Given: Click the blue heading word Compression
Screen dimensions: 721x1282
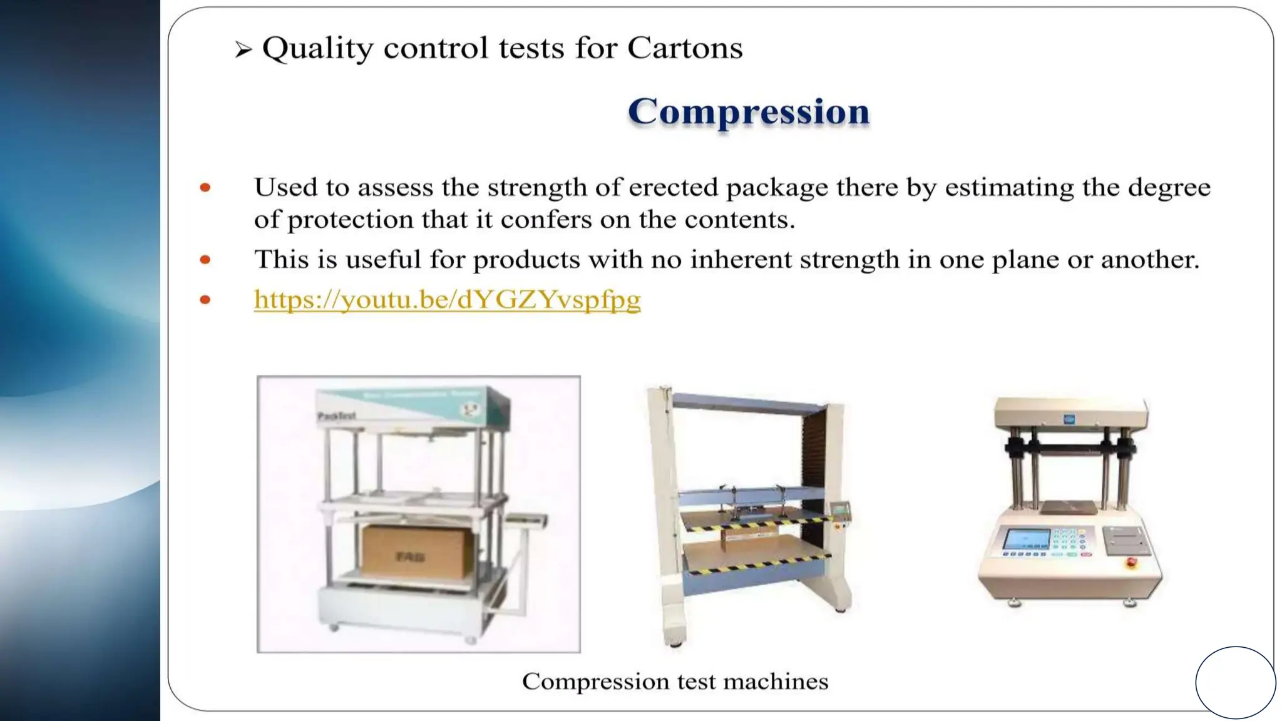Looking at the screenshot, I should (x=749, y=112).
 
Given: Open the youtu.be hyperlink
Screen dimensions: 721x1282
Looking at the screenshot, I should (x=447, y=300).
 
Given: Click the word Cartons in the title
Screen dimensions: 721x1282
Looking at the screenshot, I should (x=685, y=48).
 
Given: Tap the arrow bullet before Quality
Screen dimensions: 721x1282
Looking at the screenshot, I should (x=244, y=49).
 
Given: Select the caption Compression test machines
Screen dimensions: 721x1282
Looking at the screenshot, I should (x=675, y=682).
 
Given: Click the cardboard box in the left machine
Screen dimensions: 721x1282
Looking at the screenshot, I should (x=416, y=551).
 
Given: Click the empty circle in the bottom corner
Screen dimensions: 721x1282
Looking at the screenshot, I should (x=1235, y=682).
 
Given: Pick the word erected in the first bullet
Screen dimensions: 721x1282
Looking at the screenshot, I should (x=674, y=188).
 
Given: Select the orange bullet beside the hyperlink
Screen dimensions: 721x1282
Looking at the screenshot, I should (x=205, y=300).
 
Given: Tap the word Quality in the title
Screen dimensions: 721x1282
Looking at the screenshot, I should (x=317, y=48).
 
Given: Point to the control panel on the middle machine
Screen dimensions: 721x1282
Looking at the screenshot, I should (x=840, y=511).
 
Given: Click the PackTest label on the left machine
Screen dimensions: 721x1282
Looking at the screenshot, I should (x=337, y=416).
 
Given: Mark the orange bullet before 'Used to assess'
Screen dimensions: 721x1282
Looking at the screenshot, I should (x=205, y=188).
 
